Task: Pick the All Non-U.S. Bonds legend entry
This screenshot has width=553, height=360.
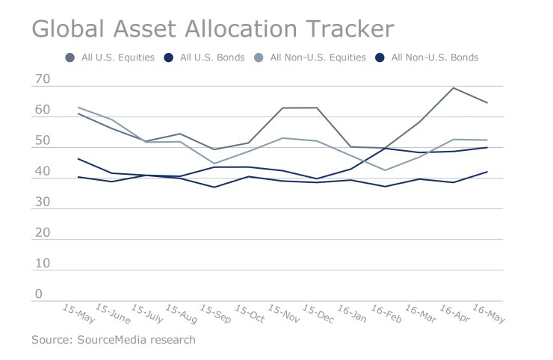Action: click(x=434, y=58)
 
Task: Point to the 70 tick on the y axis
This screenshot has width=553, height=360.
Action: click(x=42, y=79)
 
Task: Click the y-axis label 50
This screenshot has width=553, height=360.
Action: click(x=42, y=140)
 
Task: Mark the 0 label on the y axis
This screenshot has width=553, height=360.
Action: click(x=38, y=294)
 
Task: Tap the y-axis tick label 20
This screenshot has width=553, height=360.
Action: click(x=42, y=233)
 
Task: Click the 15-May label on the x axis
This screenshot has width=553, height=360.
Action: click(x=78, y=314)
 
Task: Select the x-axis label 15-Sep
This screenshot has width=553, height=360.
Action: click(x=216, y=314)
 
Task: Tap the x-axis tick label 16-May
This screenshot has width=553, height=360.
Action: click(x=489, y=314)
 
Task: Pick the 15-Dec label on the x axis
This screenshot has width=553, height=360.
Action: click(x=318, y=314)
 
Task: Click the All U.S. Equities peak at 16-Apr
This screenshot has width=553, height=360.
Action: click(x=454, y=88)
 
